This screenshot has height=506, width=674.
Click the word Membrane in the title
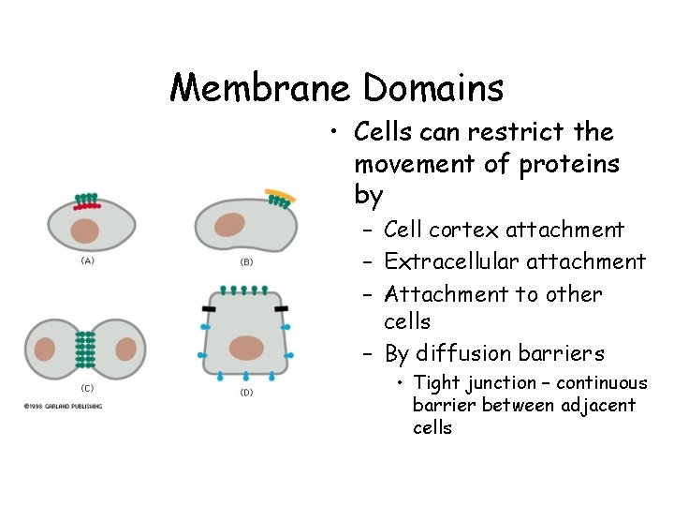click(259, 88)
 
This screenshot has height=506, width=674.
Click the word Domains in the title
click(433, 88)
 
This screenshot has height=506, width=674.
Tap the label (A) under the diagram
click(88, 260)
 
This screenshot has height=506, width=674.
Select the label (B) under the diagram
click(246, 262)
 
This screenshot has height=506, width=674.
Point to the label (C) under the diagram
click(86, 388)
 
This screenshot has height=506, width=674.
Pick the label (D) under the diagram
click(246, 392)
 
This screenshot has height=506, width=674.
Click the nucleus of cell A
click(86, 231)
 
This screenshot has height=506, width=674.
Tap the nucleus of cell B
click(228, 225)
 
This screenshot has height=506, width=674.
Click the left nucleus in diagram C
click(45, 349)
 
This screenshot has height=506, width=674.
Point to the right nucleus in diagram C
click(126, 349)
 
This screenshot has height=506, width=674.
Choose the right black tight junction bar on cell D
click(280, 306)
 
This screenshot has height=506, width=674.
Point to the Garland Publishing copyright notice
click(64, 406)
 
